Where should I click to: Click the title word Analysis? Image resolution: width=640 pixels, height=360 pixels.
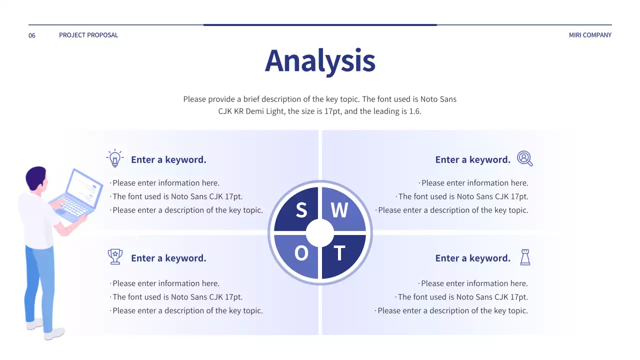pos(320,60)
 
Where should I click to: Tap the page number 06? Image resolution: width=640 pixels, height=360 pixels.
pos(32,35)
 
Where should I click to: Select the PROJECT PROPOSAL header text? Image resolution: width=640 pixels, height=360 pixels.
pos(88,35)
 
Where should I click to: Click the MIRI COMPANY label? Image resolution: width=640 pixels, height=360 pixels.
pos(590,35)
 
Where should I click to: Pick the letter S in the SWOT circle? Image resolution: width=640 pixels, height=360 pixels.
pos(301,210)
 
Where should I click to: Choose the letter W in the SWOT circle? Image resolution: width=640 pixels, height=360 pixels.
pos(339,210)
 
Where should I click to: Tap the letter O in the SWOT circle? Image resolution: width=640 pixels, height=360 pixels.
pos(301,253)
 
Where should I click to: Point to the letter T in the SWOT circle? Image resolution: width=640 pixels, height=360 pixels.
pos(339,253)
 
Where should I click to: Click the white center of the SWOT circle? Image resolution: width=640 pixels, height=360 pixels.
pos(320,233)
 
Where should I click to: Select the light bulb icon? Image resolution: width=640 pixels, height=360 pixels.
pos(115,158)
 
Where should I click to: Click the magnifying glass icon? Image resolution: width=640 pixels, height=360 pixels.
pos(524,158)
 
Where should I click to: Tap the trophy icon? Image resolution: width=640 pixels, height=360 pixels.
pos(115,256)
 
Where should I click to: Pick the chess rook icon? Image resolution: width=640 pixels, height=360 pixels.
pos(525,257)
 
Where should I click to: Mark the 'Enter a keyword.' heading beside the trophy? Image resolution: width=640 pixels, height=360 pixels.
pos(168,258)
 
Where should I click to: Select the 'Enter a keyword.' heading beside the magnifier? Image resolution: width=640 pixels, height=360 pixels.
pos(472,159)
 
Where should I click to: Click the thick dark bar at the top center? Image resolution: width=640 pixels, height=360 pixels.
pos(320,24)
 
